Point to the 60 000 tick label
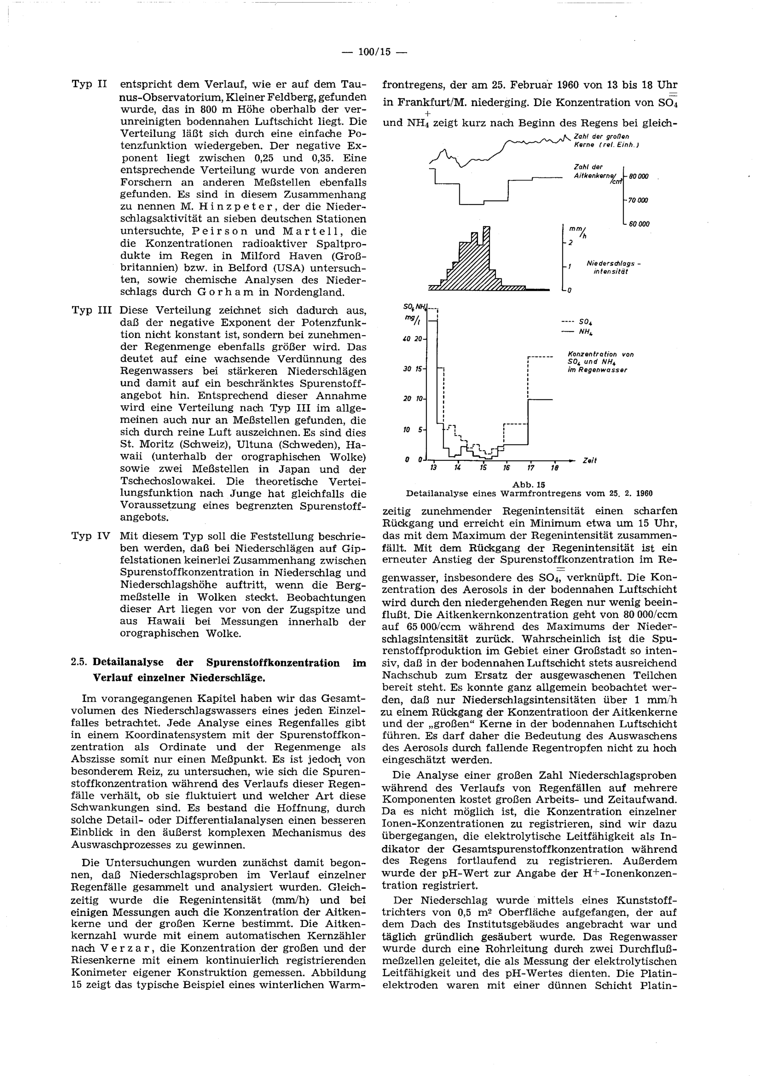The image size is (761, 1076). pos(639,224)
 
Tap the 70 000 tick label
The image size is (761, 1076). pos(638,200)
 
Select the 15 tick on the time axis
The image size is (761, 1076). pos(484,468)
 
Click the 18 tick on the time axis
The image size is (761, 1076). pos(554,468)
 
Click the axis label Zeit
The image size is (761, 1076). pos(589,461)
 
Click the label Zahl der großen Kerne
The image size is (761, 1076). pos(605,141)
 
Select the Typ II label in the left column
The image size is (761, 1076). pos(89,84)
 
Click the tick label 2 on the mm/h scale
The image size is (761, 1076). pos(570,243)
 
